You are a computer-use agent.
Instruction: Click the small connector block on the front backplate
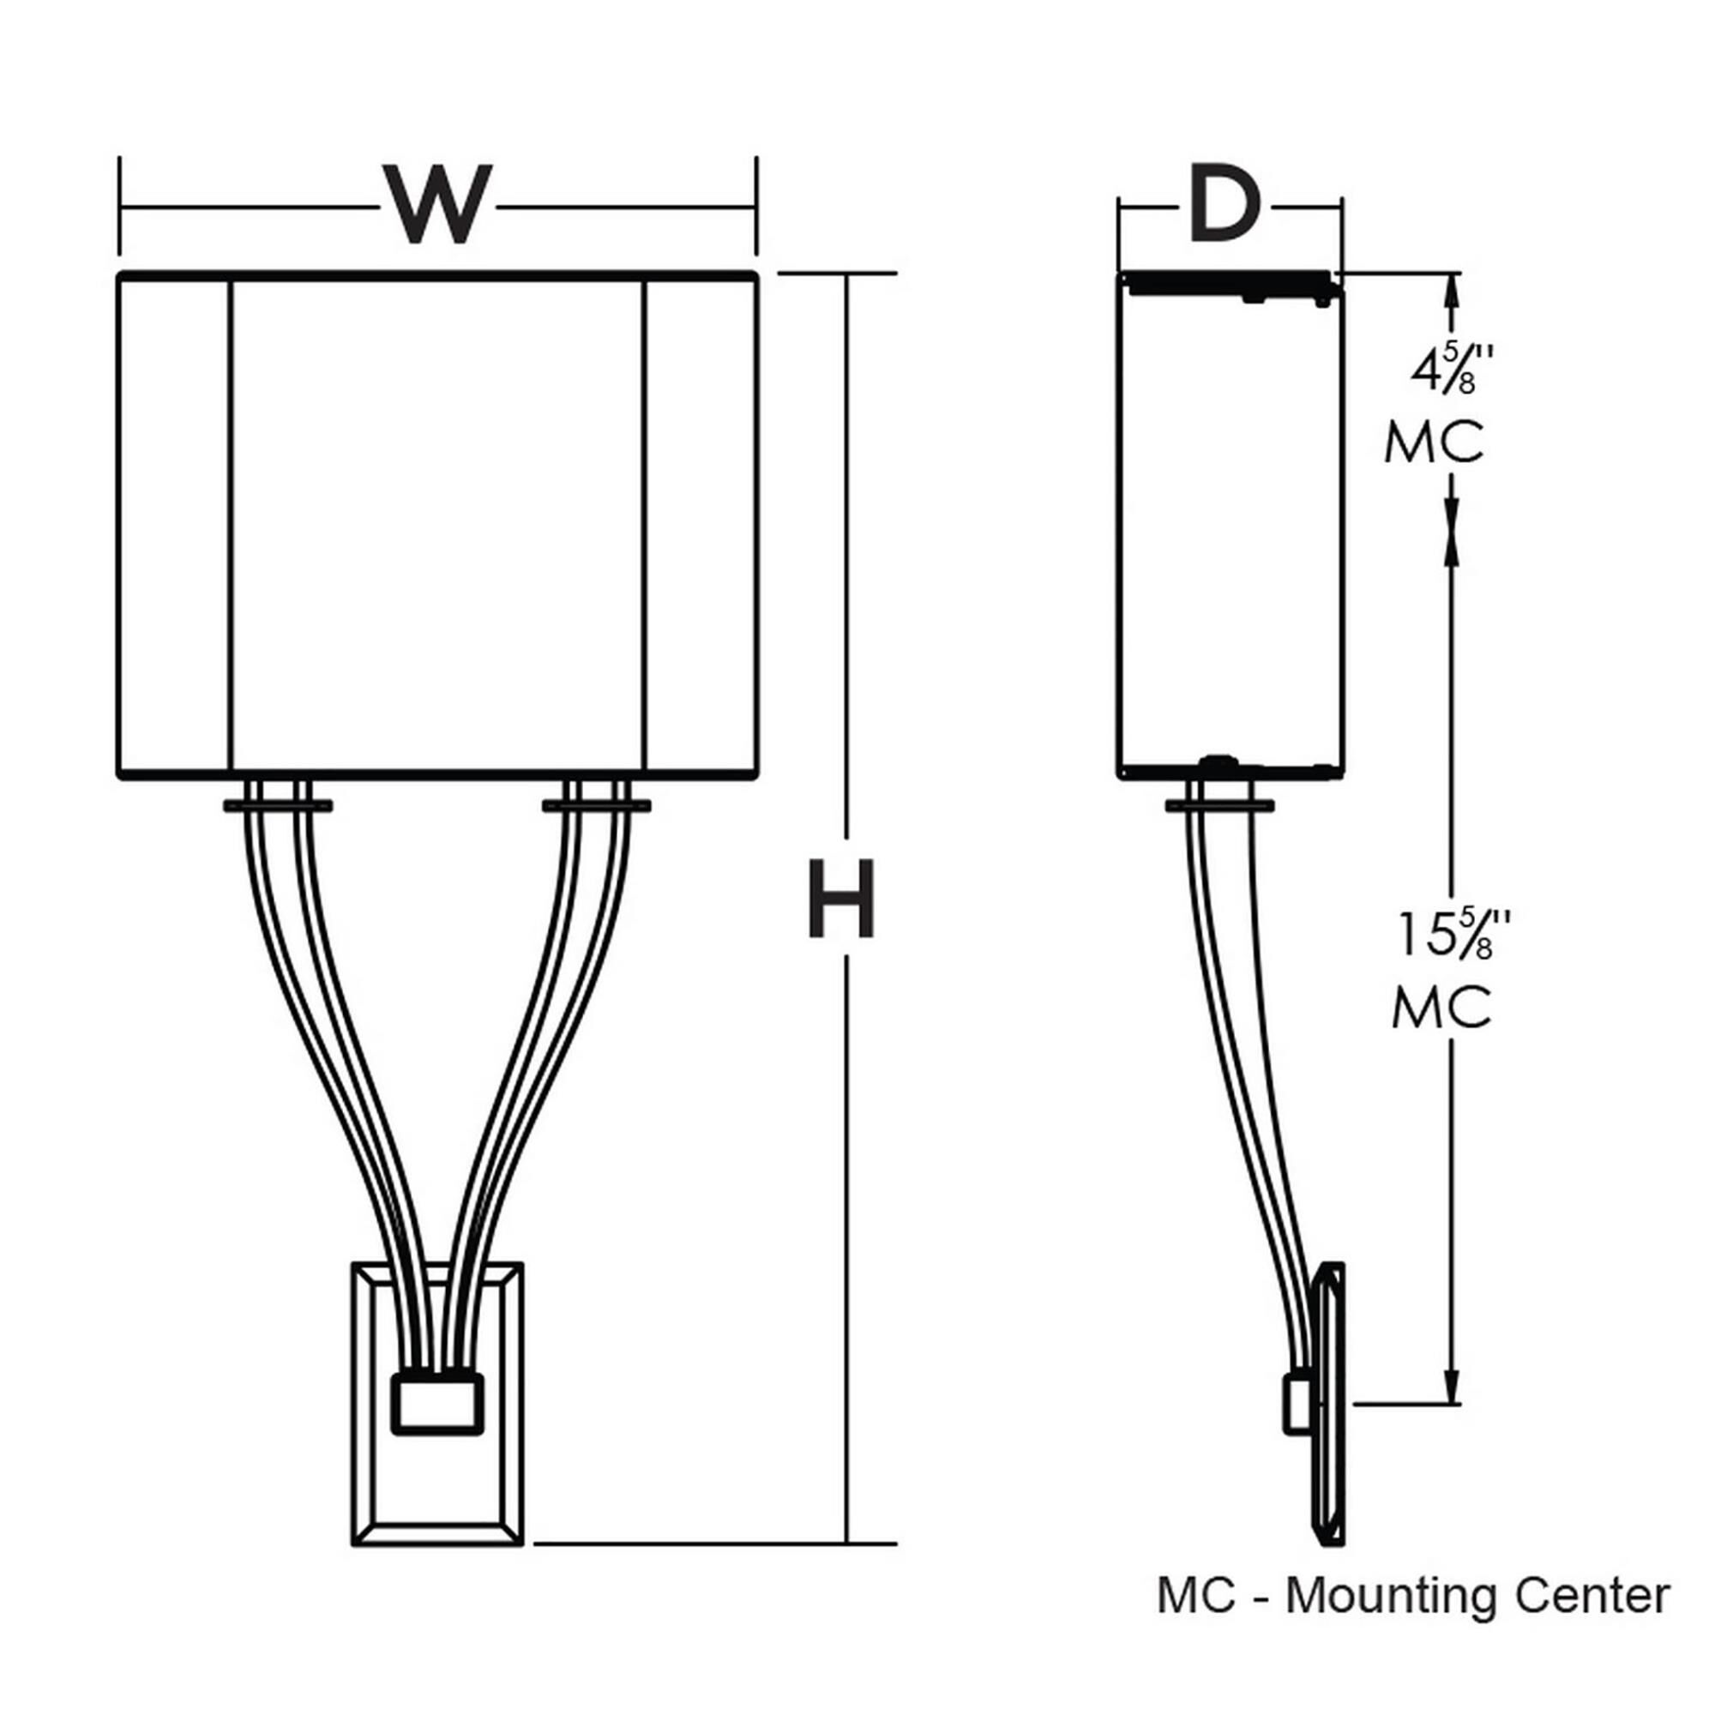click(x=437, y=1404)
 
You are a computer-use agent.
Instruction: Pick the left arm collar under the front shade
click(x=278, y=805)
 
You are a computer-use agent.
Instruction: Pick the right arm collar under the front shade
click(x=596, y=805)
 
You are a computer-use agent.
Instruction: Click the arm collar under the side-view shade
click(x=1219, y=805)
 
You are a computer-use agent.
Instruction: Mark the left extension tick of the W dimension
click(x=120, y=206)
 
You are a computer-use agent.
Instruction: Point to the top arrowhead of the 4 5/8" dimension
click(x=1453, y=289)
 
